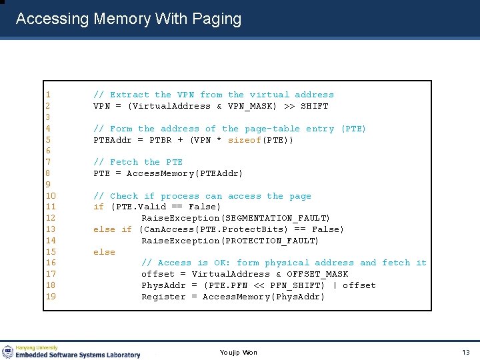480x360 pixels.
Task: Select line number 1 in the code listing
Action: point(48,95)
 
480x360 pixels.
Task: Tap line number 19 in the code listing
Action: point(51,297)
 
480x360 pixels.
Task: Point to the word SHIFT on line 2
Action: point(315,106)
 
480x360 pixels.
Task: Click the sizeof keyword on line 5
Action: point(245,140)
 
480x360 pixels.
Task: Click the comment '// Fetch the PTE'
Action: point(138,162)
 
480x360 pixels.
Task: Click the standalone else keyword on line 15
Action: point(104,252)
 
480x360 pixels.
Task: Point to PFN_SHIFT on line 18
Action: point(301,285)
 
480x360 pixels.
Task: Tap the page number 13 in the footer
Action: point(465,352)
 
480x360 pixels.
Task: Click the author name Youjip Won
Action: point(238,352)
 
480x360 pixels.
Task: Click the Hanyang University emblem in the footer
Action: point(8,351)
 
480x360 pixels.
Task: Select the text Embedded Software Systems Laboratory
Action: point(79,355)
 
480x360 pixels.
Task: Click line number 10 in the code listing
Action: point(51,196)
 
